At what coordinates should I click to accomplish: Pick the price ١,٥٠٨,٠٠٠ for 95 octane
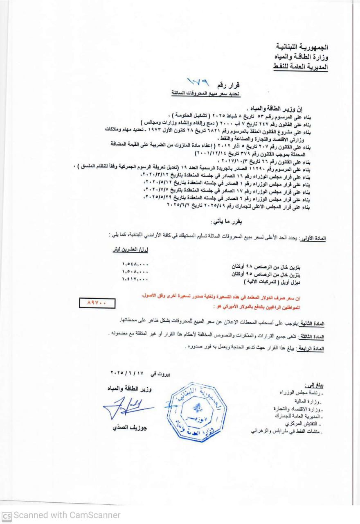135,271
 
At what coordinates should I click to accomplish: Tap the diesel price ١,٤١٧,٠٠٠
135,279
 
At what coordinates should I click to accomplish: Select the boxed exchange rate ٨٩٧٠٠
98,303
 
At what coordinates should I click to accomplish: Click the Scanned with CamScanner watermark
61,515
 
